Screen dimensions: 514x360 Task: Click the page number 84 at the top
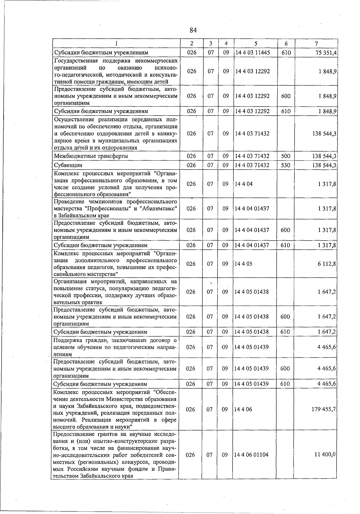click(193, 30)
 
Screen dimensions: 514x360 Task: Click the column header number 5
click(255, 44)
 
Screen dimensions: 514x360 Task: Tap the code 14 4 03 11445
click(253, 53)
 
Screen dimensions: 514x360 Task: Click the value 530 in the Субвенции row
click(286, 165)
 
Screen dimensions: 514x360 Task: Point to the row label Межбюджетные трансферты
click(91, 156)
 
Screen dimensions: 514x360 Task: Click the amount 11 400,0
click(325, 455)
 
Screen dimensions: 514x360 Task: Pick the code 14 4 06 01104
click(252, 455)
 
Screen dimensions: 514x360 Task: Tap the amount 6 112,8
click(326, 264)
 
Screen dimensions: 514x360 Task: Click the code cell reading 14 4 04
click(244, 184)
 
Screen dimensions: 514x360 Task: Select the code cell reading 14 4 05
click(244, 264)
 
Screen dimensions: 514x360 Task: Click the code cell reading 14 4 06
click(244, 409)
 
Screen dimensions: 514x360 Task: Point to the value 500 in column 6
click(286, 156)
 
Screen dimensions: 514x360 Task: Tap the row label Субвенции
click(68, 165)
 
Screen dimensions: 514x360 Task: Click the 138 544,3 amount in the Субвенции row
click(324, 165)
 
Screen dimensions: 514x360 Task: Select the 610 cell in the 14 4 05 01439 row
click(285, 384)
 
